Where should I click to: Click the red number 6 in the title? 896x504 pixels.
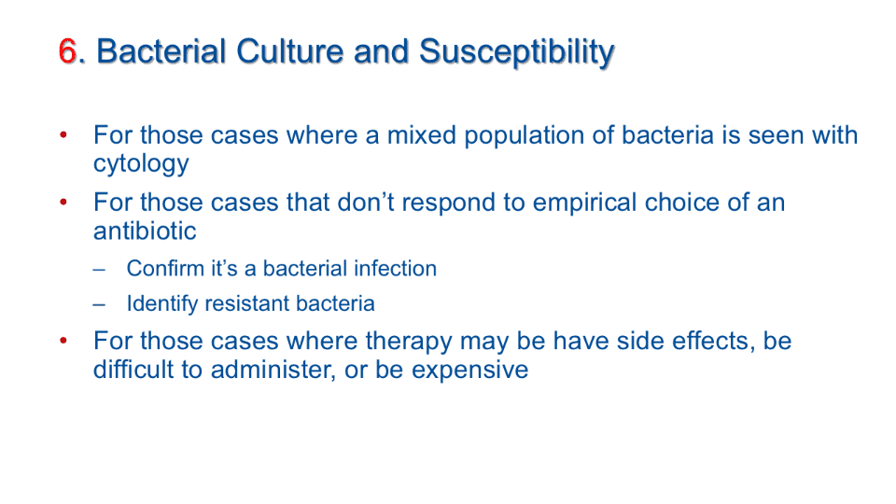[x=67, y=51]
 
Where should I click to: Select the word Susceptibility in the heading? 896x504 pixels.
[x=516, y=53]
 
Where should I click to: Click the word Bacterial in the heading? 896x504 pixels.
[x=161, y=51]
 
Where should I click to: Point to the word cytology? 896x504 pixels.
[x=141, y=164]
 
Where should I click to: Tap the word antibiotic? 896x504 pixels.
[x=145, y=231]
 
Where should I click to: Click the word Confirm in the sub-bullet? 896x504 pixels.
[x=165, y=269]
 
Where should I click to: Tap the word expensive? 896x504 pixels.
[x=469, y=371]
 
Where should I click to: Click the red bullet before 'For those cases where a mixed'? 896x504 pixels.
[x=63, y=135]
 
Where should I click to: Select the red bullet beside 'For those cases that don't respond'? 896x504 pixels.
[x=63, y=203]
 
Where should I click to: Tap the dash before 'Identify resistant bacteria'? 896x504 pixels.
[x=100, y=304]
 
